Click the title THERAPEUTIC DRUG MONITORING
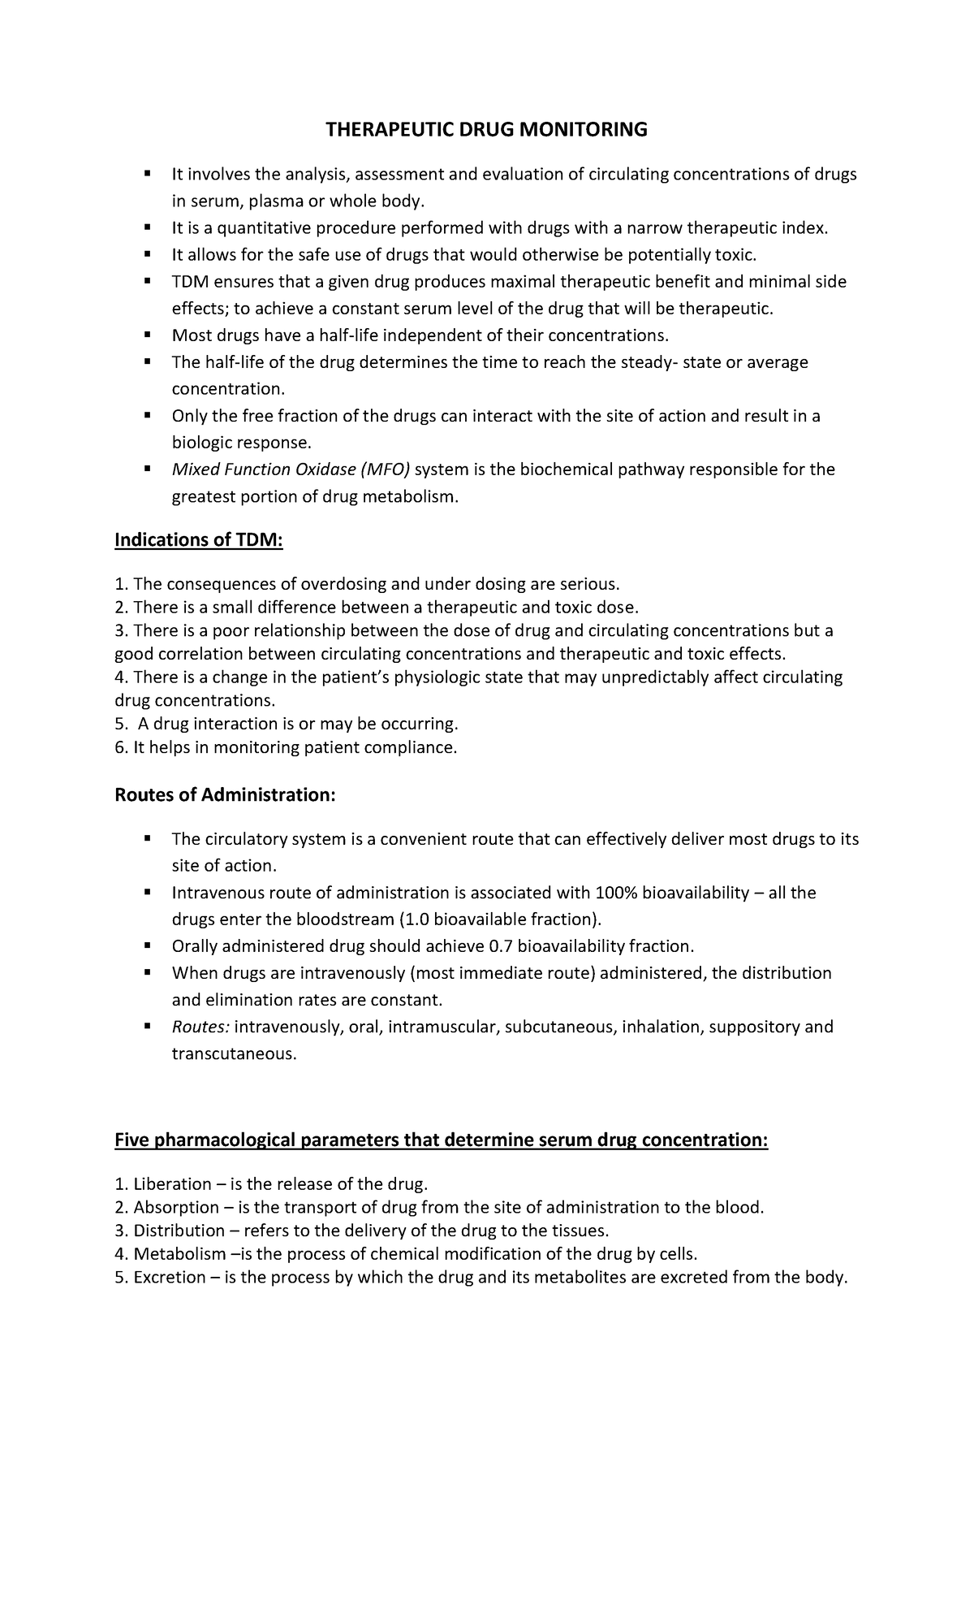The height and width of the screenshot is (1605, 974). (x=486, y=130)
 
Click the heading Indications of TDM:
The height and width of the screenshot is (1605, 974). (x=199, y=539)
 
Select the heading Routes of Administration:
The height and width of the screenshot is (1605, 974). (x=225, y=794)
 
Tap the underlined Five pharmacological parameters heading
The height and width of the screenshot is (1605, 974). (x=441, y=1140)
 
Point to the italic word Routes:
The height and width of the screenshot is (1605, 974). (x=200, y=1027)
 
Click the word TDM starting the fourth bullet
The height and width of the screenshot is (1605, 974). (x=190, y=282)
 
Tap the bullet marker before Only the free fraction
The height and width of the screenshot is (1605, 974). (x=148, y=415)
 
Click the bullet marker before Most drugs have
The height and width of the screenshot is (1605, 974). (x=148, y=335)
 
